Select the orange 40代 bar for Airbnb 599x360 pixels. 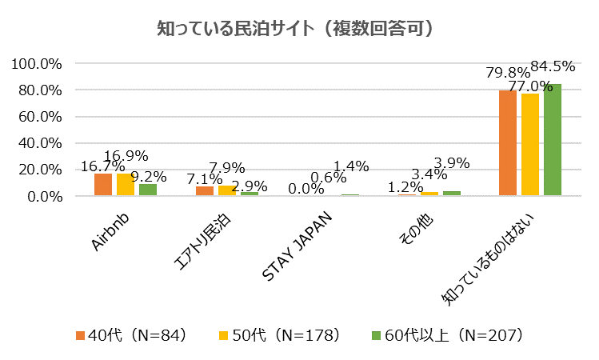tap(103, 185)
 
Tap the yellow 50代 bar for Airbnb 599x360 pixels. tap(126, 185)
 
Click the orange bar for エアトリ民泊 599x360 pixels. tap(205, 191)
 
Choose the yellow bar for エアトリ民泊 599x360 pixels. tap(227, 190)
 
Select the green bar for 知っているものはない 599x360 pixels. tap(553, 140)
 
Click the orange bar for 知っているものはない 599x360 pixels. tap(508, 143)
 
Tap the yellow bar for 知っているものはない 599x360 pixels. tap(530, 145)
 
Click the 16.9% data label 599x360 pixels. tap(126, 156)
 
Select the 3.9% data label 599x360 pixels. tap(452, 163)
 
